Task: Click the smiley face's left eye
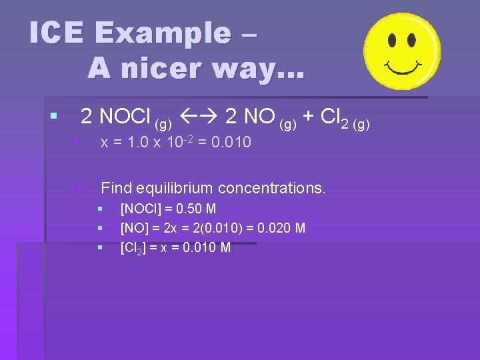[392, 41]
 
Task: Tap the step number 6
[79, 188]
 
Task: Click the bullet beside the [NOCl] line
[100, 209]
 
